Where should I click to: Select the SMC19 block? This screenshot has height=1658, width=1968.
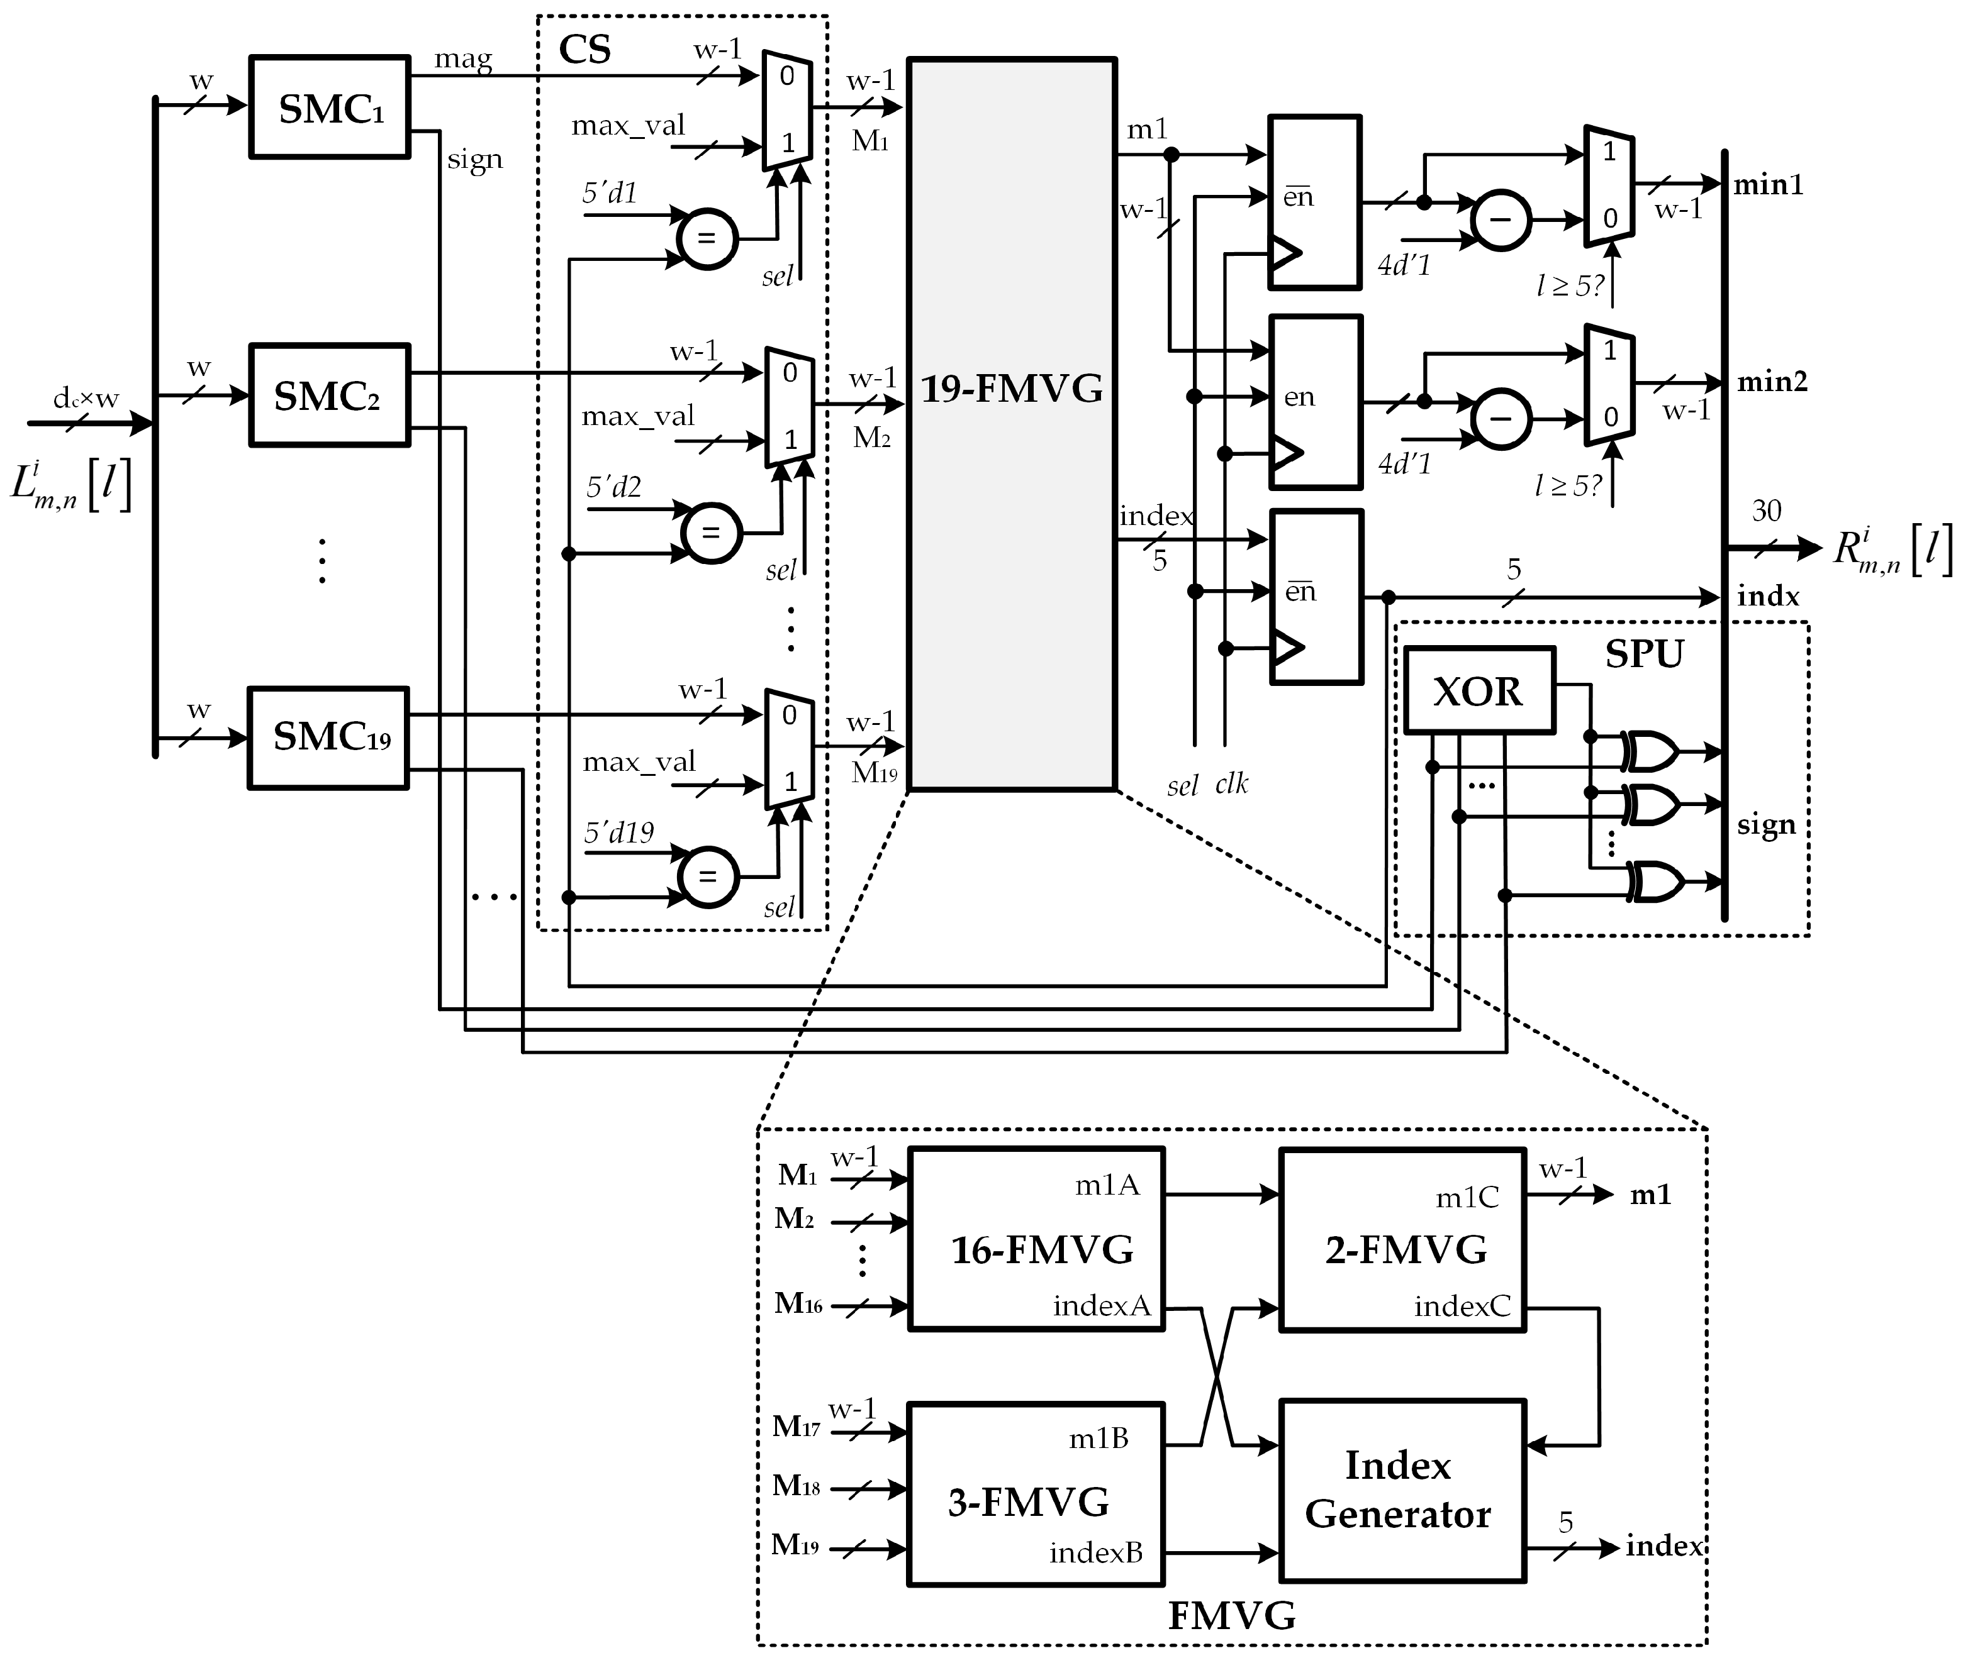[x=329, y=738]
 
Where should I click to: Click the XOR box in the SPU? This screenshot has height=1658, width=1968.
[x=1478, y=691]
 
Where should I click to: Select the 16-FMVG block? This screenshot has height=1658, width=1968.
[x=1036, y=1239]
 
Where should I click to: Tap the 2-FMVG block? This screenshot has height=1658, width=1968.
[x=1402, y=1239]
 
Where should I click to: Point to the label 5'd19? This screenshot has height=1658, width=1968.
[x=618, y=832]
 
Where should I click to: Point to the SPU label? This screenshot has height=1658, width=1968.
[x=1643, y=654]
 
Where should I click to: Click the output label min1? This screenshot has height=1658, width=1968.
[x=1768, y=184]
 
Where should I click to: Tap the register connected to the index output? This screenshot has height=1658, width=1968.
[x=1316, y=596]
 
